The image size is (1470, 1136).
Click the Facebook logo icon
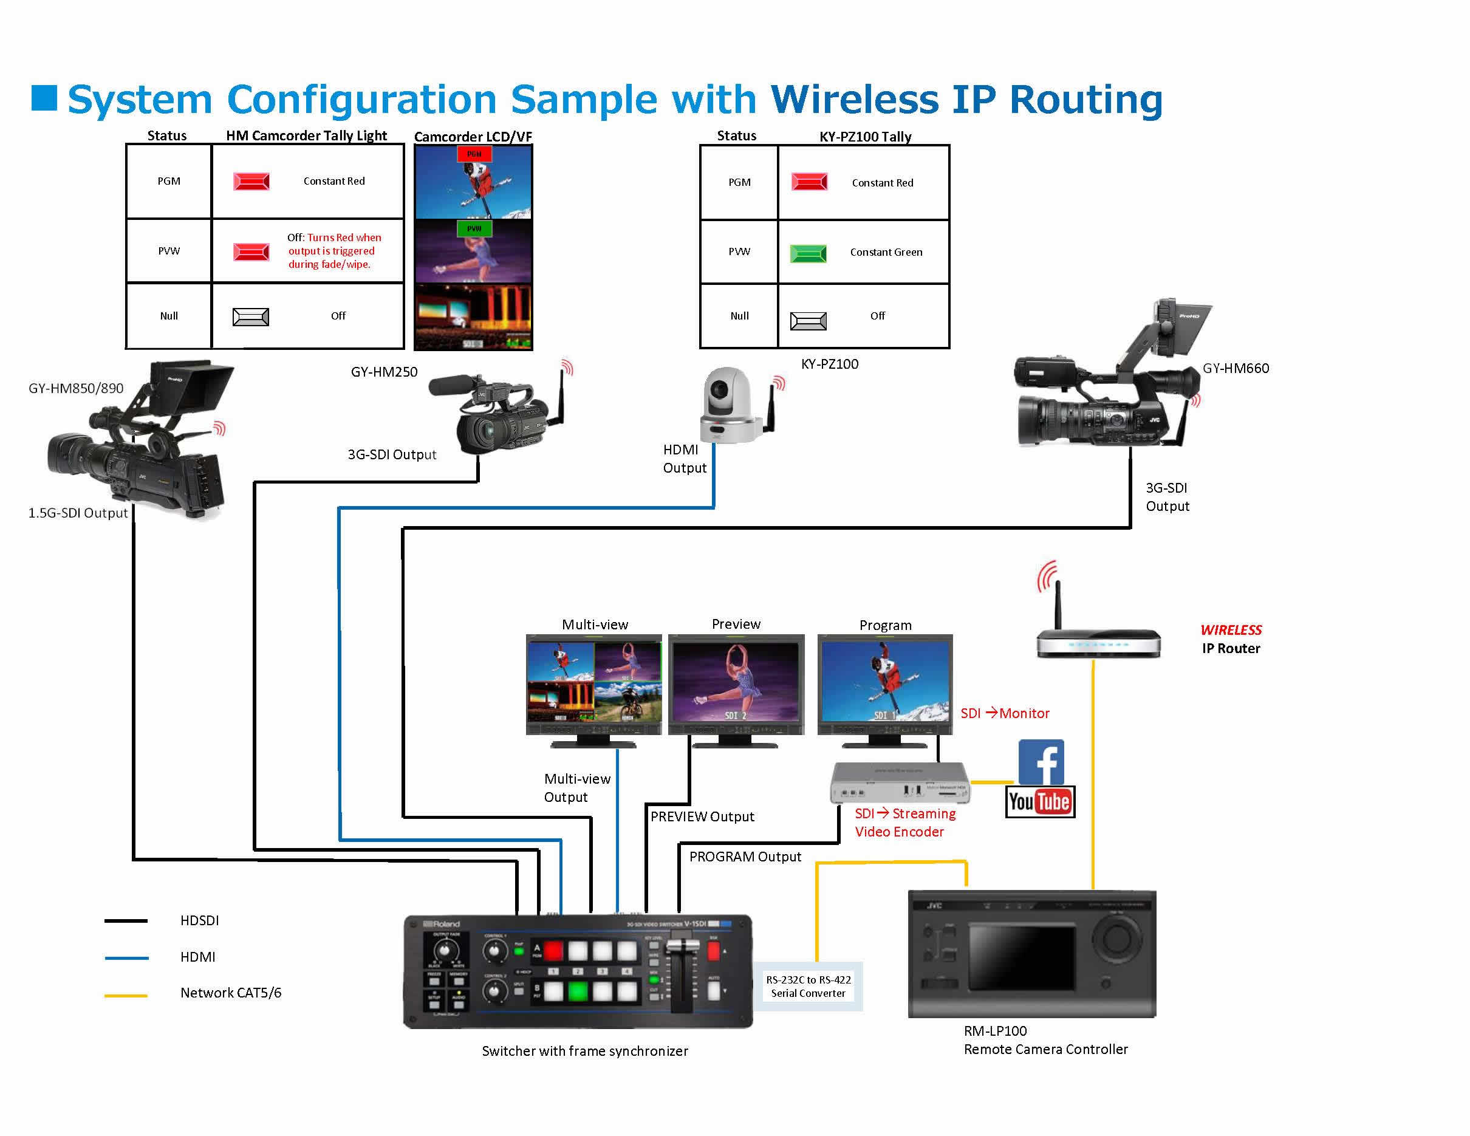[x=1041, y=762]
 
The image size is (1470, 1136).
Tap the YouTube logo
[x=1040, y=801]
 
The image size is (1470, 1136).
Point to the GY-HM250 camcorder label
[x=384, y=372]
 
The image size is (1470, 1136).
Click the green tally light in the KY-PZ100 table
[x=808, y=253]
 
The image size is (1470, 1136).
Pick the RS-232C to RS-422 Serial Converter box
[x=808, y=987]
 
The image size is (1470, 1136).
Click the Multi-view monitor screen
[x=594, y=682]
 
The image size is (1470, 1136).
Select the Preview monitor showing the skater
[x=736, y=682]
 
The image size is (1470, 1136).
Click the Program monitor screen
[x=885, y=682]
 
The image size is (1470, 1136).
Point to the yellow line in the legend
[x=126, y=995]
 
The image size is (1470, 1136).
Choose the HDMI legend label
[x=198, y=957]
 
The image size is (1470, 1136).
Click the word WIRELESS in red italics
[x=1231, y=630]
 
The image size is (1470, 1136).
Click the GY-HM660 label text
[x=1236, y=368]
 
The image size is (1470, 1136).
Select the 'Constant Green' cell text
[x=886, y=252]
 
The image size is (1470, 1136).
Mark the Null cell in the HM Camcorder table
[x=169, y=317]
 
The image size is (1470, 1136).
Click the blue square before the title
[x=44, y=98]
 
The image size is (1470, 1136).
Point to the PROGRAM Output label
[x=745, y=857]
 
